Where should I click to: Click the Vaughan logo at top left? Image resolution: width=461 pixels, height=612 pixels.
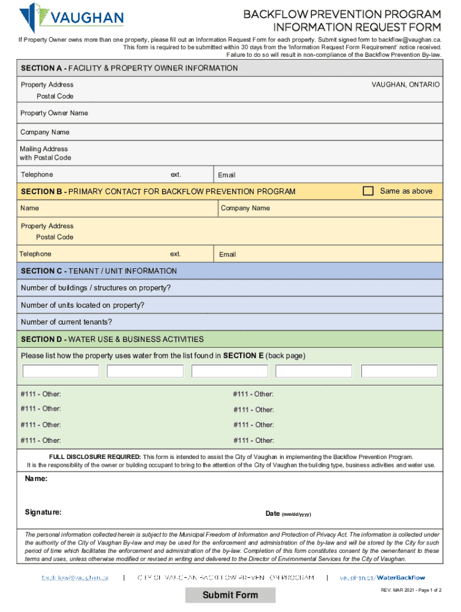(71, 18)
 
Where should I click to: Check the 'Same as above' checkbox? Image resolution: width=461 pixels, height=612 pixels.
(368, 191)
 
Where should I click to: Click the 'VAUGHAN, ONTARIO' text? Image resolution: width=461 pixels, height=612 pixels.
(405, 85)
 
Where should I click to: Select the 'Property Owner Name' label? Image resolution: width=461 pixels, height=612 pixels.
(54, 113)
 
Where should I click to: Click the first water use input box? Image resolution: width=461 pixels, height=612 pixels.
(61, 371)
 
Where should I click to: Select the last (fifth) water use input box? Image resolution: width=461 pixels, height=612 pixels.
(399, 371)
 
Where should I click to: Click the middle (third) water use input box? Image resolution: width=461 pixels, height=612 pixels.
(230, 371)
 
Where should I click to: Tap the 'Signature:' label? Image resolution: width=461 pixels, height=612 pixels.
(43, 512)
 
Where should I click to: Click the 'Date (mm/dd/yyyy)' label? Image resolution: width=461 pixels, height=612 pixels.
(288, 514)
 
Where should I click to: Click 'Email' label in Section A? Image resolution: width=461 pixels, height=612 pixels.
(226, 175)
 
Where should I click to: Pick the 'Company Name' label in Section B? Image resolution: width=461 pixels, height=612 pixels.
(245, 208)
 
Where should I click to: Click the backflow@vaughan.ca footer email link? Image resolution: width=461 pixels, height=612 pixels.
(75, 578)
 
